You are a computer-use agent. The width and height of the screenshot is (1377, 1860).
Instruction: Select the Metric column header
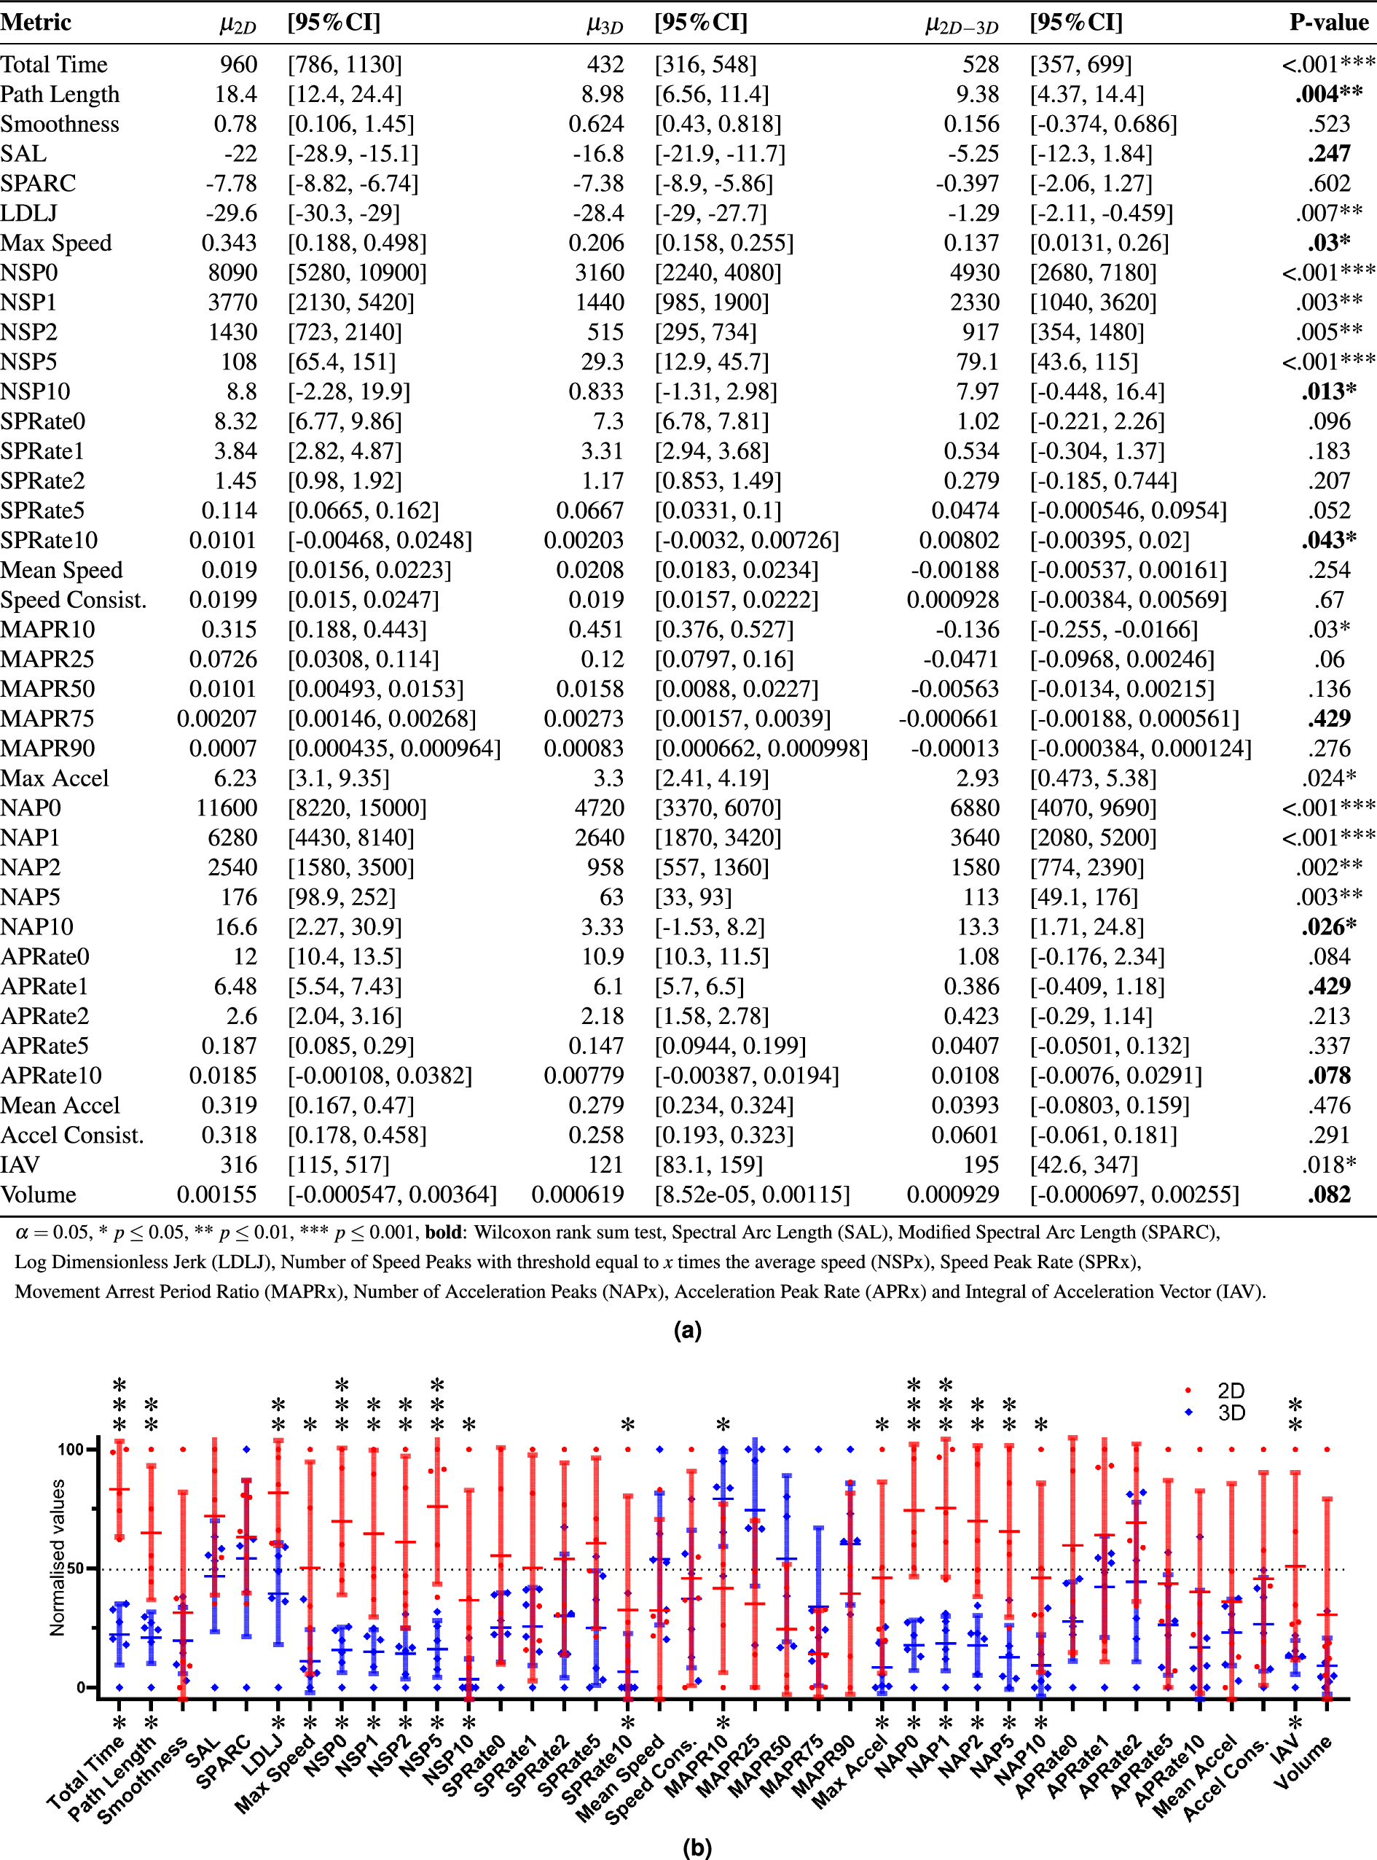click(36, 22)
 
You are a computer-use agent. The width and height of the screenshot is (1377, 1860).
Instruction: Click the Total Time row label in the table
click(53, 64)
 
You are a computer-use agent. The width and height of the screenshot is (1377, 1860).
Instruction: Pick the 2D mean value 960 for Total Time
click(238, 64)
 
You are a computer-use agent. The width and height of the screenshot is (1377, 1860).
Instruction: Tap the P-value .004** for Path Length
click(1329, 94)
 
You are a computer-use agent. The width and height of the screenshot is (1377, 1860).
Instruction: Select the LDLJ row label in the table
click(28, 214)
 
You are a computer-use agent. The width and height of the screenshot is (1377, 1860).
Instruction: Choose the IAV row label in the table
click(20, 1165)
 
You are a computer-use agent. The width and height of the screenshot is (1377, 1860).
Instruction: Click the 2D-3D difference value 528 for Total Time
click(980, 64)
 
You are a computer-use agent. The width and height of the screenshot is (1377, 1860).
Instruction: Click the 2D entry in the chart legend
click(1231, 1391)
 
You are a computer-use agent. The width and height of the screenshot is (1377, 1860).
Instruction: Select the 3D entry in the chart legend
click(1231, 1412)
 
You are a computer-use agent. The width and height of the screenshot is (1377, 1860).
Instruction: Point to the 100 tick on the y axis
click(71, 1449)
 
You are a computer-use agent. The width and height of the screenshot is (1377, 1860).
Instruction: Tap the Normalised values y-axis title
click(57, 1558)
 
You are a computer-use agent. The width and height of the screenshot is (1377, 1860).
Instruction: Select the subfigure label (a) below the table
click(688, 1329)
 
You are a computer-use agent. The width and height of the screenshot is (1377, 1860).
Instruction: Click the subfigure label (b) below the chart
click(697, 1848)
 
